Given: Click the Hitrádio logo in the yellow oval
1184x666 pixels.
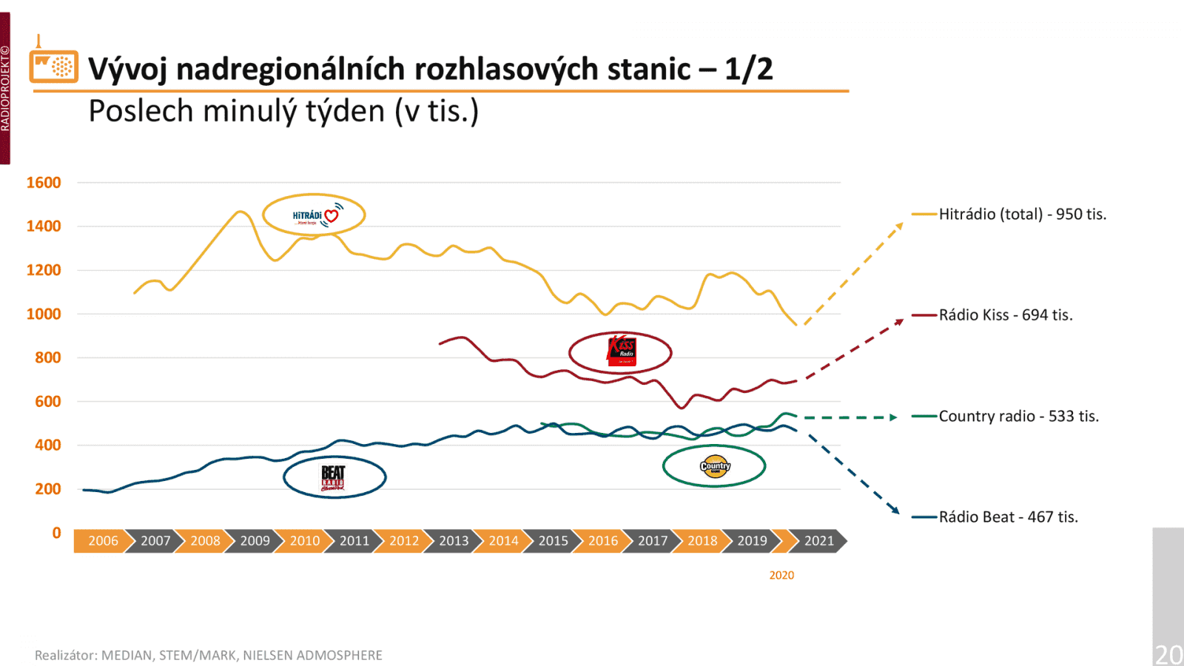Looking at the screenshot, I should (314, 215).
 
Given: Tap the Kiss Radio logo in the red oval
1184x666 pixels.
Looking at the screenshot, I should (621, 351).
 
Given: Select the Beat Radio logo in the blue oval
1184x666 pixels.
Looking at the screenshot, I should (334, 477).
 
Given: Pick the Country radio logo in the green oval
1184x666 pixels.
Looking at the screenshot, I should (715, 466).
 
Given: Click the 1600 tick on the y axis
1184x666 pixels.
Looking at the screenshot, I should (44, 183).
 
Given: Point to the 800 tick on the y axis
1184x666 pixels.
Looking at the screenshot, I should (47, 357).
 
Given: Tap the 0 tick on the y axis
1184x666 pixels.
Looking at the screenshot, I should (56, 533).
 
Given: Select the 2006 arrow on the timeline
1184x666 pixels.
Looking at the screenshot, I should (103, 541).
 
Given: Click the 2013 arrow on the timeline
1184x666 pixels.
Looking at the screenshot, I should (454, 541).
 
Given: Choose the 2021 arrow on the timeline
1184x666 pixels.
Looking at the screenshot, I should (818, 541).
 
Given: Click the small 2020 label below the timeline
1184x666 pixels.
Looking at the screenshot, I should (781, 575).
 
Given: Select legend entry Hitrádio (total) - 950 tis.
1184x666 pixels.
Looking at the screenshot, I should (1022, 215).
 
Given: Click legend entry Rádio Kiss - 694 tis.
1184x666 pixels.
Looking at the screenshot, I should (1005, 315).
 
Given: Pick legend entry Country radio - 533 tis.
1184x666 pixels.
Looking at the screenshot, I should (1018, 417).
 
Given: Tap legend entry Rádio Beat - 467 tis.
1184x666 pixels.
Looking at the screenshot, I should (1008, 517).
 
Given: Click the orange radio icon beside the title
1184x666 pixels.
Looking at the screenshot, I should (53, 65).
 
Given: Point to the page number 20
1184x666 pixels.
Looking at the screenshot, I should (1168, 654).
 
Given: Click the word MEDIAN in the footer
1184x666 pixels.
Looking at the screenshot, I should (124, 655).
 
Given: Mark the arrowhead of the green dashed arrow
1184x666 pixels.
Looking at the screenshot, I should (894, 417).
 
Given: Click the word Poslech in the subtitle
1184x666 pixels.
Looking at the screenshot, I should (141, 112).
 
